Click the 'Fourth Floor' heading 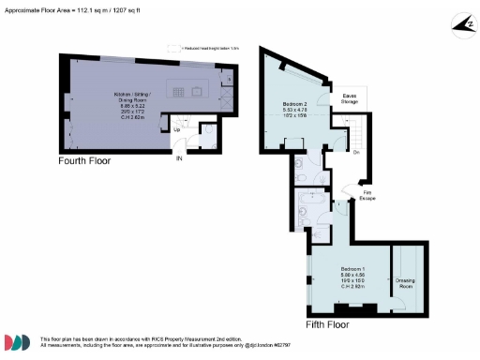tap(82, 161)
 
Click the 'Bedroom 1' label tap(353, 269)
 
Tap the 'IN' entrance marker tap(178, 159)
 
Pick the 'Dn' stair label tap(357, 152)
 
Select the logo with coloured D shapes tap(20, 342)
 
